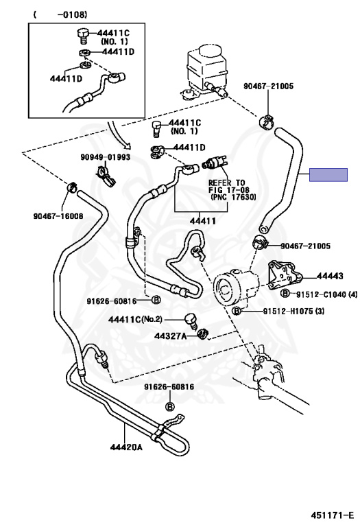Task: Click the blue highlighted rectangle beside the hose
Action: click(328, 175)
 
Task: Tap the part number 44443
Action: click(330, 276)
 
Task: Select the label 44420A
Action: click(126, 447)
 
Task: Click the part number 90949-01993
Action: click(105, 157)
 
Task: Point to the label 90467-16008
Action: click(58, 215)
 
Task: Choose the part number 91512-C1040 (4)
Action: click(327, 295)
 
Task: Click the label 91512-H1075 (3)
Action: click(293, 312)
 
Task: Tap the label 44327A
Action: click(170, 336)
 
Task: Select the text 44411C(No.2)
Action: click(134, 319)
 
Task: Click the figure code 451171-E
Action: click(332, 515)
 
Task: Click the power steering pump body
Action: click(237, 287)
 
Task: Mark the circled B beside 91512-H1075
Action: click(237, 312)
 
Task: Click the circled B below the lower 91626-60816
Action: click(170, 407)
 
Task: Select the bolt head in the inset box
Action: click(82, 33)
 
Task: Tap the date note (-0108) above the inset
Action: click(60, 14)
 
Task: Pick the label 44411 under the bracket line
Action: click(203, 221)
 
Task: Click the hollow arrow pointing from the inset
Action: click(118, 135)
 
